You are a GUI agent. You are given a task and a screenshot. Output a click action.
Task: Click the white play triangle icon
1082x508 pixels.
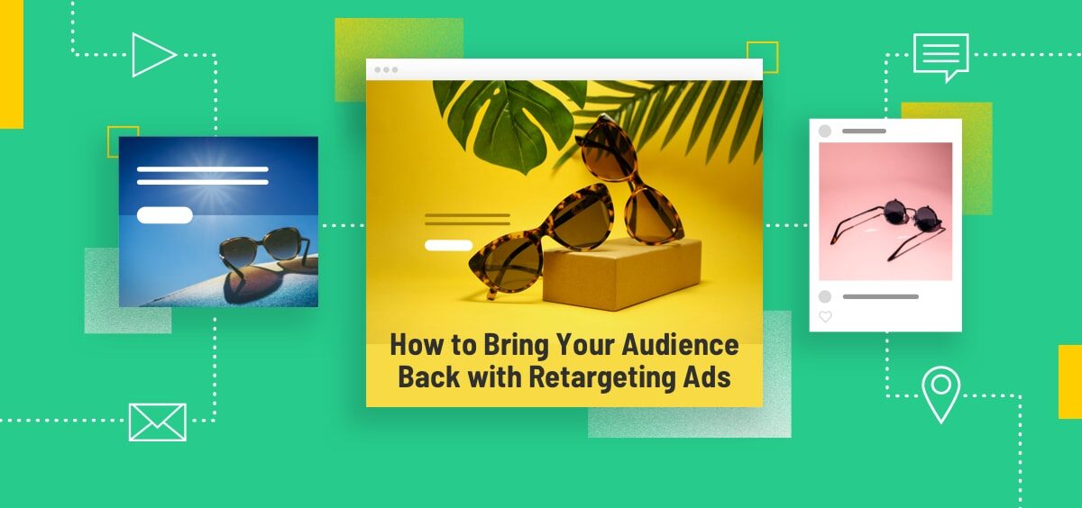(151, 55)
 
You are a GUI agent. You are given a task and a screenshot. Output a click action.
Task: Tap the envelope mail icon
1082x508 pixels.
(157, 422)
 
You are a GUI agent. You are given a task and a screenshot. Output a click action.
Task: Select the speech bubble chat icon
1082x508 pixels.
(940, 55)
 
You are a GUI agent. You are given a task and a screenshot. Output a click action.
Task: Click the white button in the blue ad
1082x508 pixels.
(164, 215)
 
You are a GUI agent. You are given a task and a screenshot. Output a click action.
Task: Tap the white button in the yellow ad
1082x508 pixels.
(448, 245)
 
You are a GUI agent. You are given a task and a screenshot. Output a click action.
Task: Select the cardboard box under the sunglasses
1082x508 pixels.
(622, 279)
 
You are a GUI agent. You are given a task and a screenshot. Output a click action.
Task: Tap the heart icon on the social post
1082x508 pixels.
(825, 317)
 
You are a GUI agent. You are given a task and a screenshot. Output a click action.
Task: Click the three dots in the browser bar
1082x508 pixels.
(386, 69)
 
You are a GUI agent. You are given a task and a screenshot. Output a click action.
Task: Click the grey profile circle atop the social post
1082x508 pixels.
(825, 132)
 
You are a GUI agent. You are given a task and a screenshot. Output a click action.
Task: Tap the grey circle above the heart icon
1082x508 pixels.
(825, 296)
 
